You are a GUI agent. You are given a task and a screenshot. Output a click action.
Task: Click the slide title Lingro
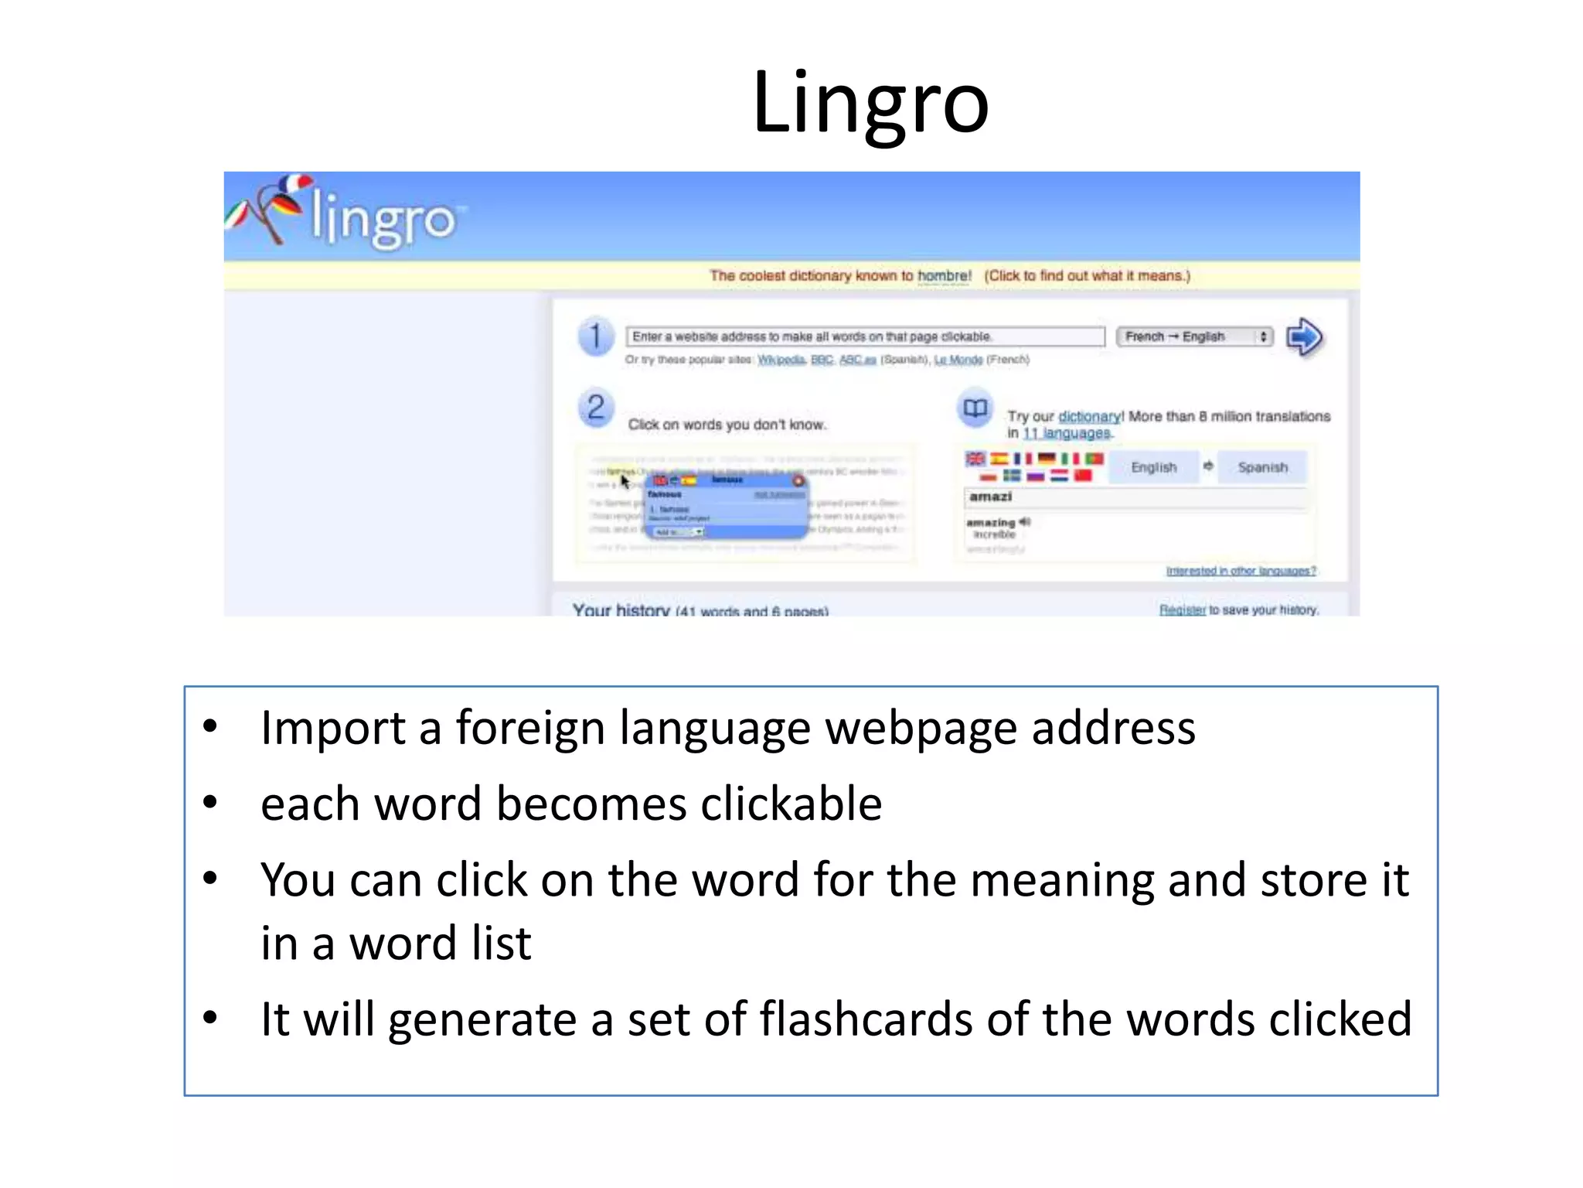click(x=870, y=103)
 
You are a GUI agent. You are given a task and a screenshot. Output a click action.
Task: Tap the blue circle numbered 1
click(x=595, y=337)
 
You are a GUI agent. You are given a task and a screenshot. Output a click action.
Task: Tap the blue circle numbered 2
click(x=595, y=408)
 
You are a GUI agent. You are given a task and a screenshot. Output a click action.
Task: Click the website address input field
click(x=864, y=336)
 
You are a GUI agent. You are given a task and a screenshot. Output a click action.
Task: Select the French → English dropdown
click(x=1194, y=336)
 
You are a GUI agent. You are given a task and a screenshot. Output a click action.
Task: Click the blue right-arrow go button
click(x=1305, y=337)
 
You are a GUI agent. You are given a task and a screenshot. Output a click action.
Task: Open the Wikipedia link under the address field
click(x=781, y=360)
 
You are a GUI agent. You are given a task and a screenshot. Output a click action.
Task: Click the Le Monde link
click(x=958, y=360)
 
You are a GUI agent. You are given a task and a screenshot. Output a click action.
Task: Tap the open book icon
click(x=975, y=408)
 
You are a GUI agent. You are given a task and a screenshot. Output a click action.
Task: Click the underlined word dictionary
click(x=1089, y=416)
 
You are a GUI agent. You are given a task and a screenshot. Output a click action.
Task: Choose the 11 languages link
click(x=1067, y=433)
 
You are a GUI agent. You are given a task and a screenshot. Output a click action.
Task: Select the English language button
click(x=1153, y=467)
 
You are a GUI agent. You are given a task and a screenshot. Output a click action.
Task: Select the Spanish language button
click(x=1262, y=467)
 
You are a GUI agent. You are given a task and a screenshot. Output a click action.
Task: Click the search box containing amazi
click(x=1135, y=497)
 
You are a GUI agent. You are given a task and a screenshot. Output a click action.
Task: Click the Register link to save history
click(x=1182, y=609)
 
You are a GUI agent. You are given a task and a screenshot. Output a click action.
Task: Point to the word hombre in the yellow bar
click(x=944, y=276)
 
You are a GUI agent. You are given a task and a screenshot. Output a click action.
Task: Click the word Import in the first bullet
click(x=333, y=729)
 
